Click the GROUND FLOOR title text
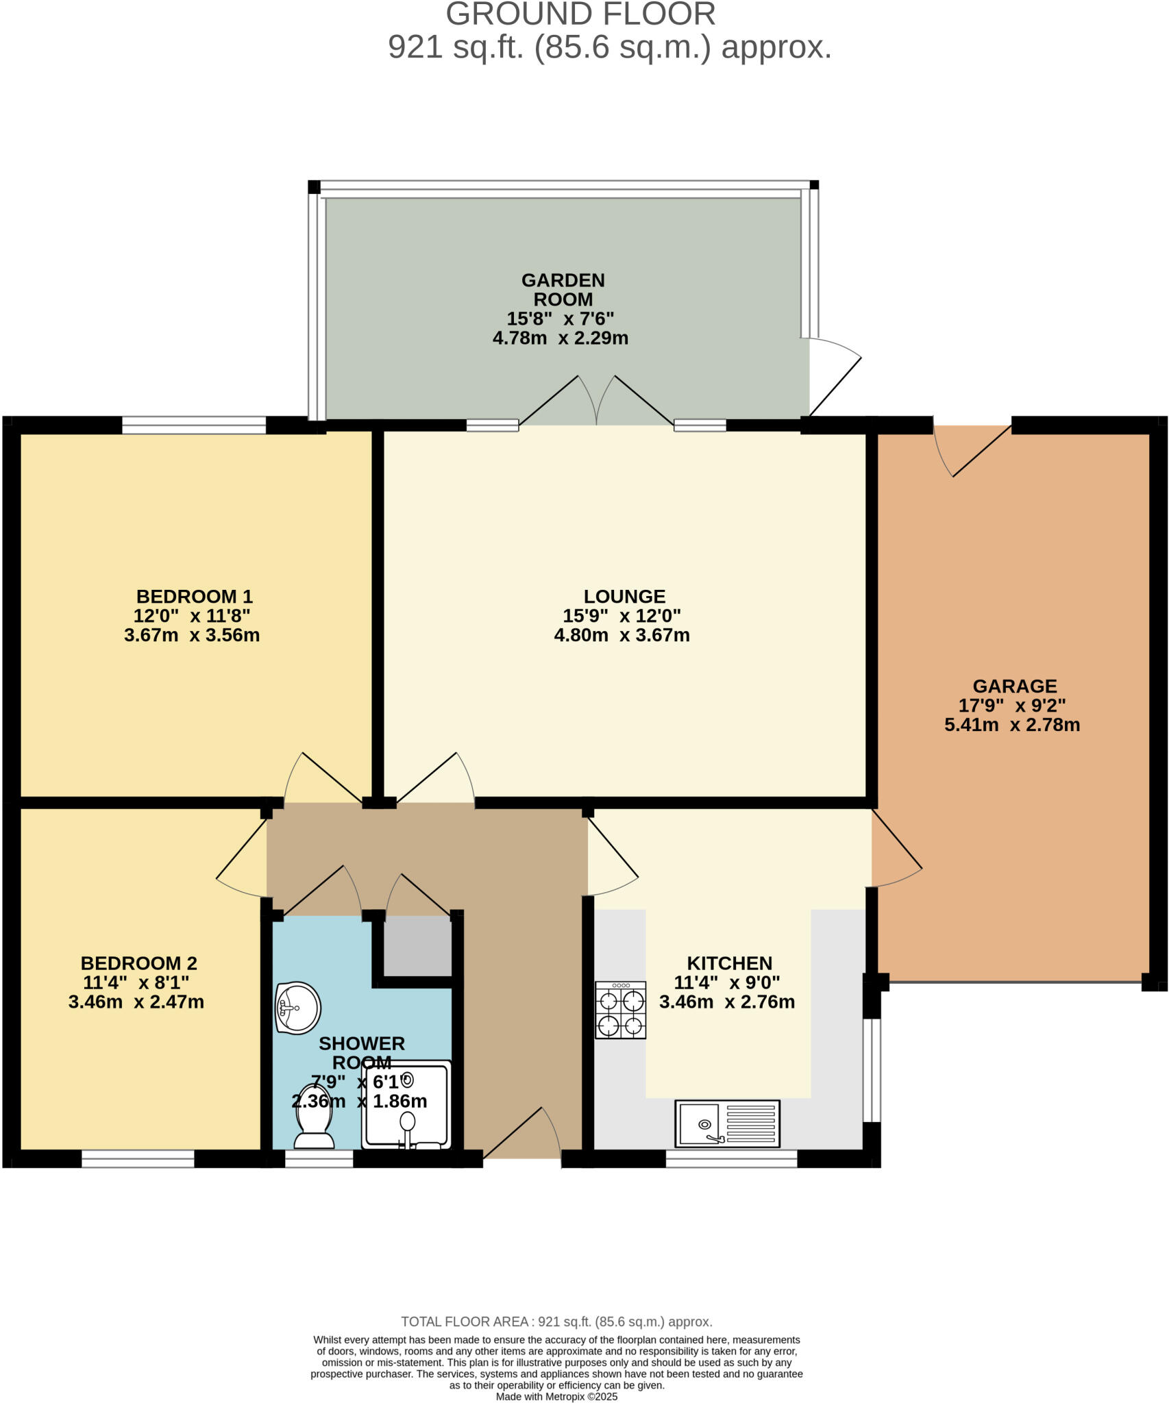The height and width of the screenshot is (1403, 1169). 580,14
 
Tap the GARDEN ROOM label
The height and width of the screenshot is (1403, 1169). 563,290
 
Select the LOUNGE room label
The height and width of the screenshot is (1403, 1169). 624,596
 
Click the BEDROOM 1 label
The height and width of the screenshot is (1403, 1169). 195,596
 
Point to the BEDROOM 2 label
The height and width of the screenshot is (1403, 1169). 139,963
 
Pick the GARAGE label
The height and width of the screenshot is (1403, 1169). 1015,686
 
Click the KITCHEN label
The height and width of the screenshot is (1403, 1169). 729,963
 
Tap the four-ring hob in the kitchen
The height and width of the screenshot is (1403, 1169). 620,1010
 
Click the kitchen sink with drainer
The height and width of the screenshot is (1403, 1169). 727,1123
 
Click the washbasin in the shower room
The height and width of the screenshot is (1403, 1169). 297,1008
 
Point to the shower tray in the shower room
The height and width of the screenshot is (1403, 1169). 406,1106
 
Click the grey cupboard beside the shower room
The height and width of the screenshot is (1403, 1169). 417,946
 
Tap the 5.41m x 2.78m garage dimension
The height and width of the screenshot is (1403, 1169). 1012,725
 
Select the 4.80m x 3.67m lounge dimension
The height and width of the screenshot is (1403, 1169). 622,635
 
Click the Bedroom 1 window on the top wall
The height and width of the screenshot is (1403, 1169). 194,425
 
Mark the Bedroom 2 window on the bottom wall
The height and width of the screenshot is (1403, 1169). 138,1158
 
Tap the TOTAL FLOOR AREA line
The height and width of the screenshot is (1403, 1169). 556,1321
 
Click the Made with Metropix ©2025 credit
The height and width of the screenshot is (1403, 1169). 556,1396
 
